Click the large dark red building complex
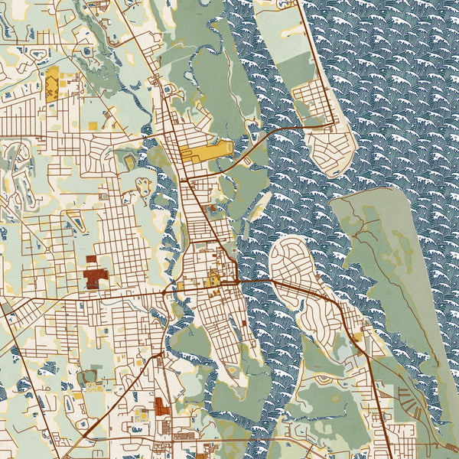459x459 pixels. click(96, 274)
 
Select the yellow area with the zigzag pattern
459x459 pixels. click(52, 84)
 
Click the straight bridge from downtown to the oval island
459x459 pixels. click(256, 282)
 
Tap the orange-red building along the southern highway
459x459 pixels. click(160, 405)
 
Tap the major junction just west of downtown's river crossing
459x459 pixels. click(167, 291)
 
